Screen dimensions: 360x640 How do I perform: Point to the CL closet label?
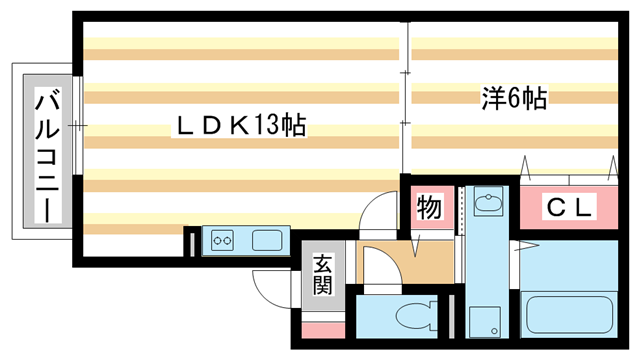point(570,208)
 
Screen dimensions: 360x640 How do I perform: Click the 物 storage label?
point(429,208)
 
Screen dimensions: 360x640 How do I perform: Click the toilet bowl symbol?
point(414,317)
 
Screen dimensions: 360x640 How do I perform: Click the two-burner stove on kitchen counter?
point(222,240)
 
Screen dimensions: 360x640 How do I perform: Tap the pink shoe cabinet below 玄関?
point(322,329)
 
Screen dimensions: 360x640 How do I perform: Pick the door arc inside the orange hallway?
point(375,262)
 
